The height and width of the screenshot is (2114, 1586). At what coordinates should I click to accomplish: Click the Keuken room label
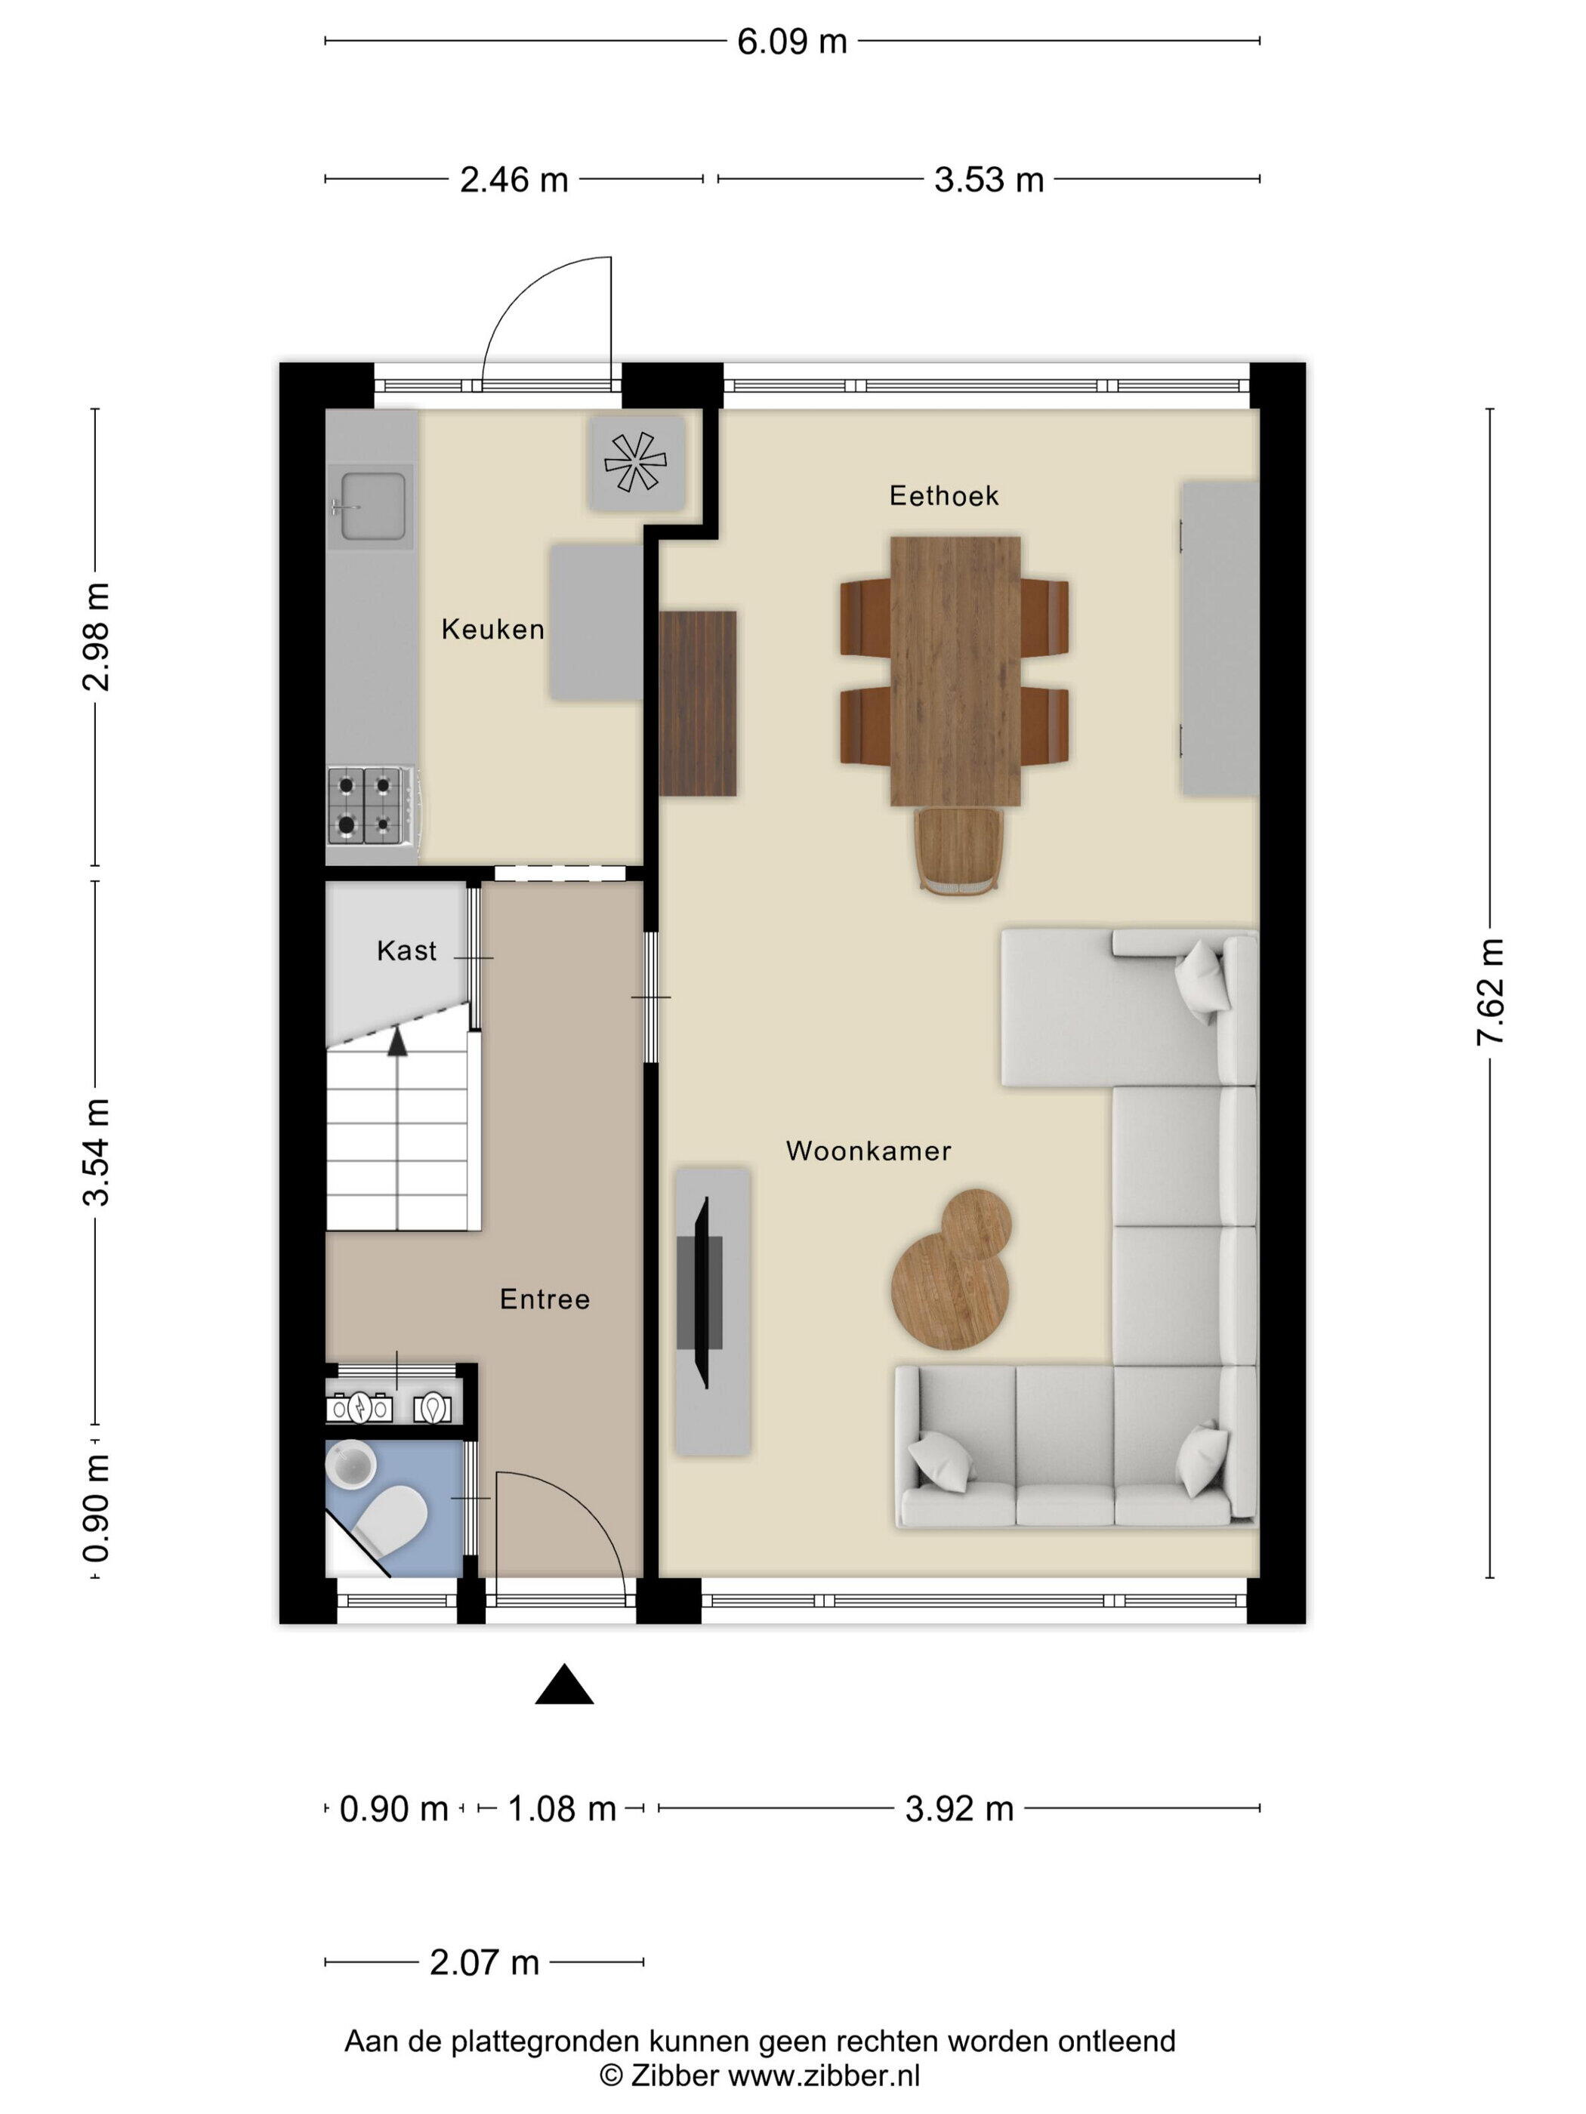[492, 629]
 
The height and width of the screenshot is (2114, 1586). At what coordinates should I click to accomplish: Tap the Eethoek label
[943, 495]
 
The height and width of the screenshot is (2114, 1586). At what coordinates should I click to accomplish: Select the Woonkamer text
[868, 1151]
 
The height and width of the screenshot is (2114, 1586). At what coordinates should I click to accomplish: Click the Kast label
[406, 950]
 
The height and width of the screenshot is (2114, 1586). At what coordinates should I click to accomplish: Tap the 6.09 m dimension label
[791, 42]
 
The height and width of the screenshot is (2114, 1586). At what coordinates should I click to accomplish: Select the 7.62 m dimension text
[1490, 992]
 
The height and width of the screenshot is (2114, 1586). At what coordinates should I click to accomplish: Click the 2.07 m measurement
[485, 1962]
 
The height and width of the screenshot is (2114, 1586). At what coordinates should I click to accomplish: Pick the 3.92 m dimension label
[959, 1808]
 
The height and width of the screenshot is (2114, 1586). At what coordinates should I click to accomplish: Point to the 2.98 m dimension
[97, 636]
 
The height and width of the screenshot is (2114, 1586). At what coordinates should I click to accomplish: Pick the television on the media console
[702, 1293]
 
